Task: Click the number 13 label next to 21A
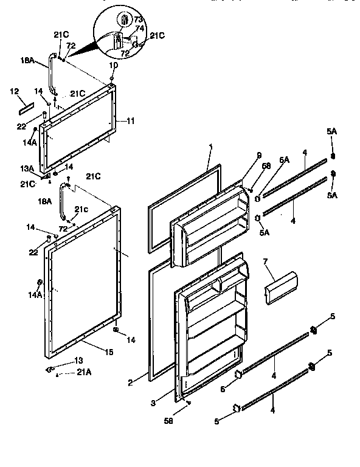tap(78, 361)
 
